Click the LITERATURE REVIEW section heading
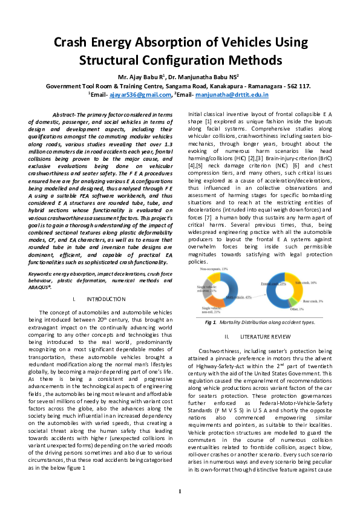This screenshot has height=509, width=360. [261, 336]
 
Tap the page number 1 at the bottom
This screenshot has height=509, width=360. [180, 491]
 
